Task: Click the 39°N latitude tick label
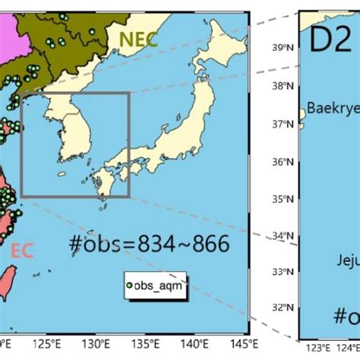pos(283,47)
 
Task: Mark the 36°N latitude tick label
pos(283,161)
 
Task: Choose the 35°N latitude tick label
pos(283,199)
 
